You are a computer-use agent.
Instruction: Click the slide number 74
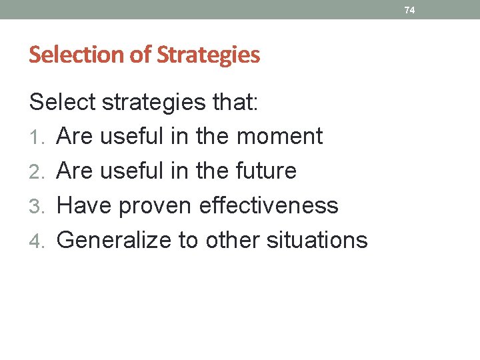409,10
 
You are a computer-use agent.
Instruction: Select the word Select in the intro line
62,102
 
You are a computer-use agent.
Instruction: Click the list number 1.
38,137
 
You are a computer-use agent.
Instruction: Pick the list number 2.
38,171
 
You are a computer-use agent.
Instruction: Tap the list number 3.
38,206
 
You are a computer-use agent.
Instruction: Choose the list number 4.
38,241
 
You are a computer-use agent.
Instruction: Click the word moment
279,137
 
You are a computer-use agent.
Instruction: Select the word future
266,171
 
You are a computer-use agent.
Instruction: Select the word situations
317,241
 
